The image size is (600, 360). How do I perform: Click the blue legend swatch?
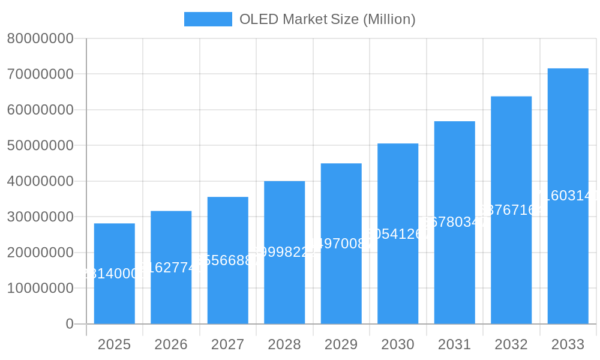click(208, 19)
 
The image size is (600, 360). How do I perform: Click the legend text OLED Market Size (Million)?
click(327, 19)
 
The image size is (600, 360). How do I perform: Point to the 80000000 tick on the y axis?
click(40, 39)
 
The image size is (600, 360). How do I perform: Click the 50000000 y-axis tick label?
click(40, 146)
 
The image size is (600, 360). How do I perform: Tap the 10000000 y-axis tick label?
click(40, 289)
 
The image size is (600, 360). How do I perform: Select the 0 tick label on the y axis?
click(70, 324)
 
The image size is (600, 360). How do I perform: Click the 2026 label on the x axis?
click(171, 344)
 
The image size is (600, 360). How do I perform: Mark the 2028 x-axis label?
click(284, 344)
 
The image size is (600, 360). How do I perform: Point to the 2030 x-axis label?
click(398, 344)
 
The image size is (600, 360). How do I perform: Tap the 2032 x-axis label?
click(511, 344)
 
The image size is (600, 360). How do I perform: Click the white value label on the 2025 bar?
click(114, 274)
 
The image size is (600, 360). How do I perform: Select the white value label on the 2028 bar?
click(284, 252)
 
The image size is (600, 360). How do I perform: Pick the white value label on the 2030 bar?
click(398, 234)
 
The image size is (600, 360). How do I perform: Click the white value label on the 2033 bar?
click(568, 196)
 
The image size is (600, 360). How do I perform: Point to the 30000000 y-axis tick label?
click(40, 217)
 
